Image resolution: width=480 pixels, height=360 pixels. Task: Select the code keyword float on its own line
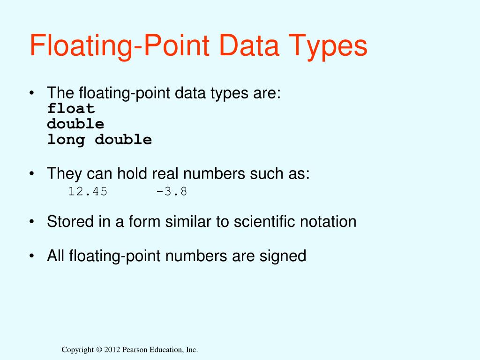[x=71, y=109]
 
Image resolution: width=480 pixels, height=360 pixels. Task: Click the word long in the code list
[x=66, y=140]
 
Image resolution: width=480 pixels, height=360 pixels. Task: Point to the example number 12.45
[x=88, y=192]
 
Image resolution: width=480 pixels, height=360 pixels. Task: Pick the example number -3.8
[x=172, y=192]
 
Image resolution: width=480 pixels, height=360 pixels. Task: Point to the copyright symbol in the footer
[x=98, y=350]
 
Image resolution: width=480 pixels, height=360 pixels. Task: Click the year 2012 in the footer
[x=112, y=350]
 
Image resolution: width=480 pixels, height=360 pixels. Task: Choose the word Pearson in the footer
[x=136, y=350]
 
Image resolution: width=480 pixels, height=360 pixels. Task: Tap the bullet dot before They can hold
[x=31, y=174]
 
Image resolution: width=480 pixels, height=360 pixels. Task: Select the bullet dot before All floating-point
[x=31, y=256]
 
